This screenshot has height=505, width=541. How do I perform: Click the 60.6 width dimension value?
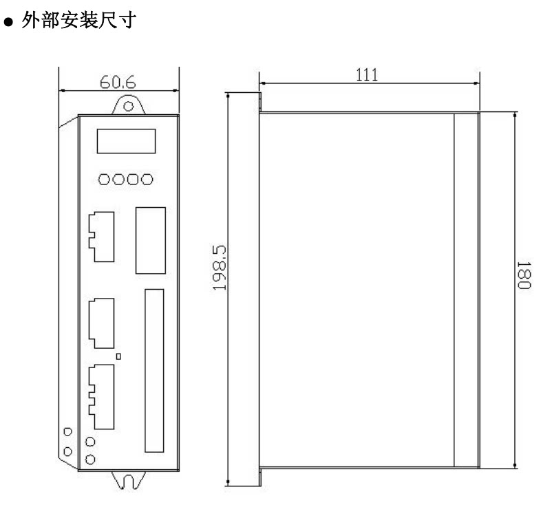pos(119,83)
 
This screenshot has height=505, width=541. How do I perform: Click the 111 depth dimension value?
pos(367,75)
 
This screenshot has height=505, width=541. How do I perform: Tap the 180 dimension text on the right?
pos(524,275)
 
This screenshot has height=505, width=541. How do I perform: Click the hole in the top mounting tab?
pos(128,106)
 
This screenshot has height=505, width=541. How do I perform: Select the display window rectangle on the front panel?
pos(125,140)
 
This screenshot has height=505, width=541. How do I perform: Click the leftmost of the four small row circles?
pos(103,180)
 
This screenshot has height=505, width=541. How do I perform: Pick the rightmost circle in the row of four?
pos(147,180)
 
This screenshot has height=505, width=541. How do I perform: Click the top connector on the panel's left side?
pos(100,236)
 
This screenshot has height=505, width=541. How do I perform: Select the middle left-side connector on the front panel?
pos(100,323)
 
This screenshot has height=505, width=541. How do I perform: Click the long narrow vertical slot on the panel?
pos(155,371)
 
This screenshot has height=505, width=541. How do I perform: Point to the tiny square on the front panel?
pos(119,356)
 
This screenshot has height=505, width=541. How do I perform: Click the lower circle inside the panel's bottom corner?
pos(90,458)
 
